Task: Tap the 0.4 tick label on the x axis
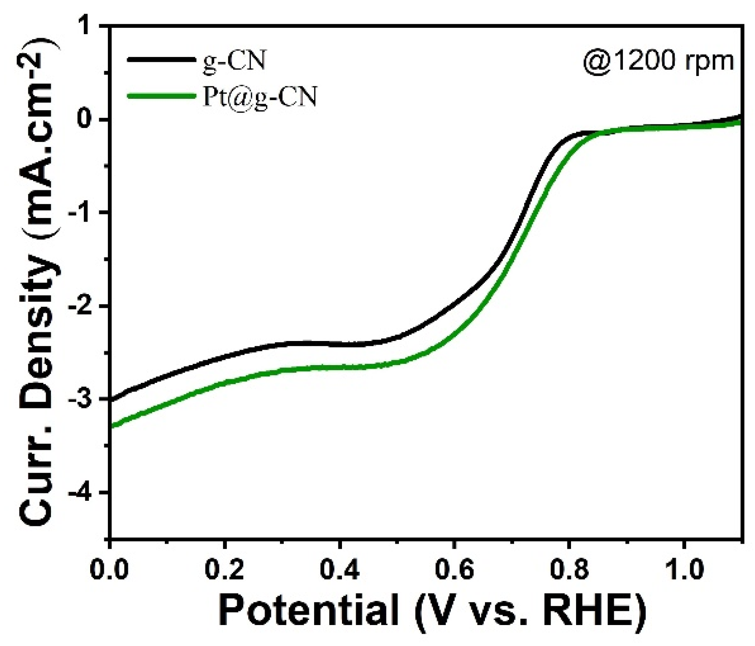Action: coord(340,570)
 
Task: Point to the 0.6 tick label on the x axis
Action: coord(454,570)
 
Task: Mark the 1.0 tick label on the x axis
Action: coord(684,570)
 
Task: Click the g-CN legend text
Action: coord(234,60)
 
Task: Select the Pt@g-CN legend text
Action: coord(259,96)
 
